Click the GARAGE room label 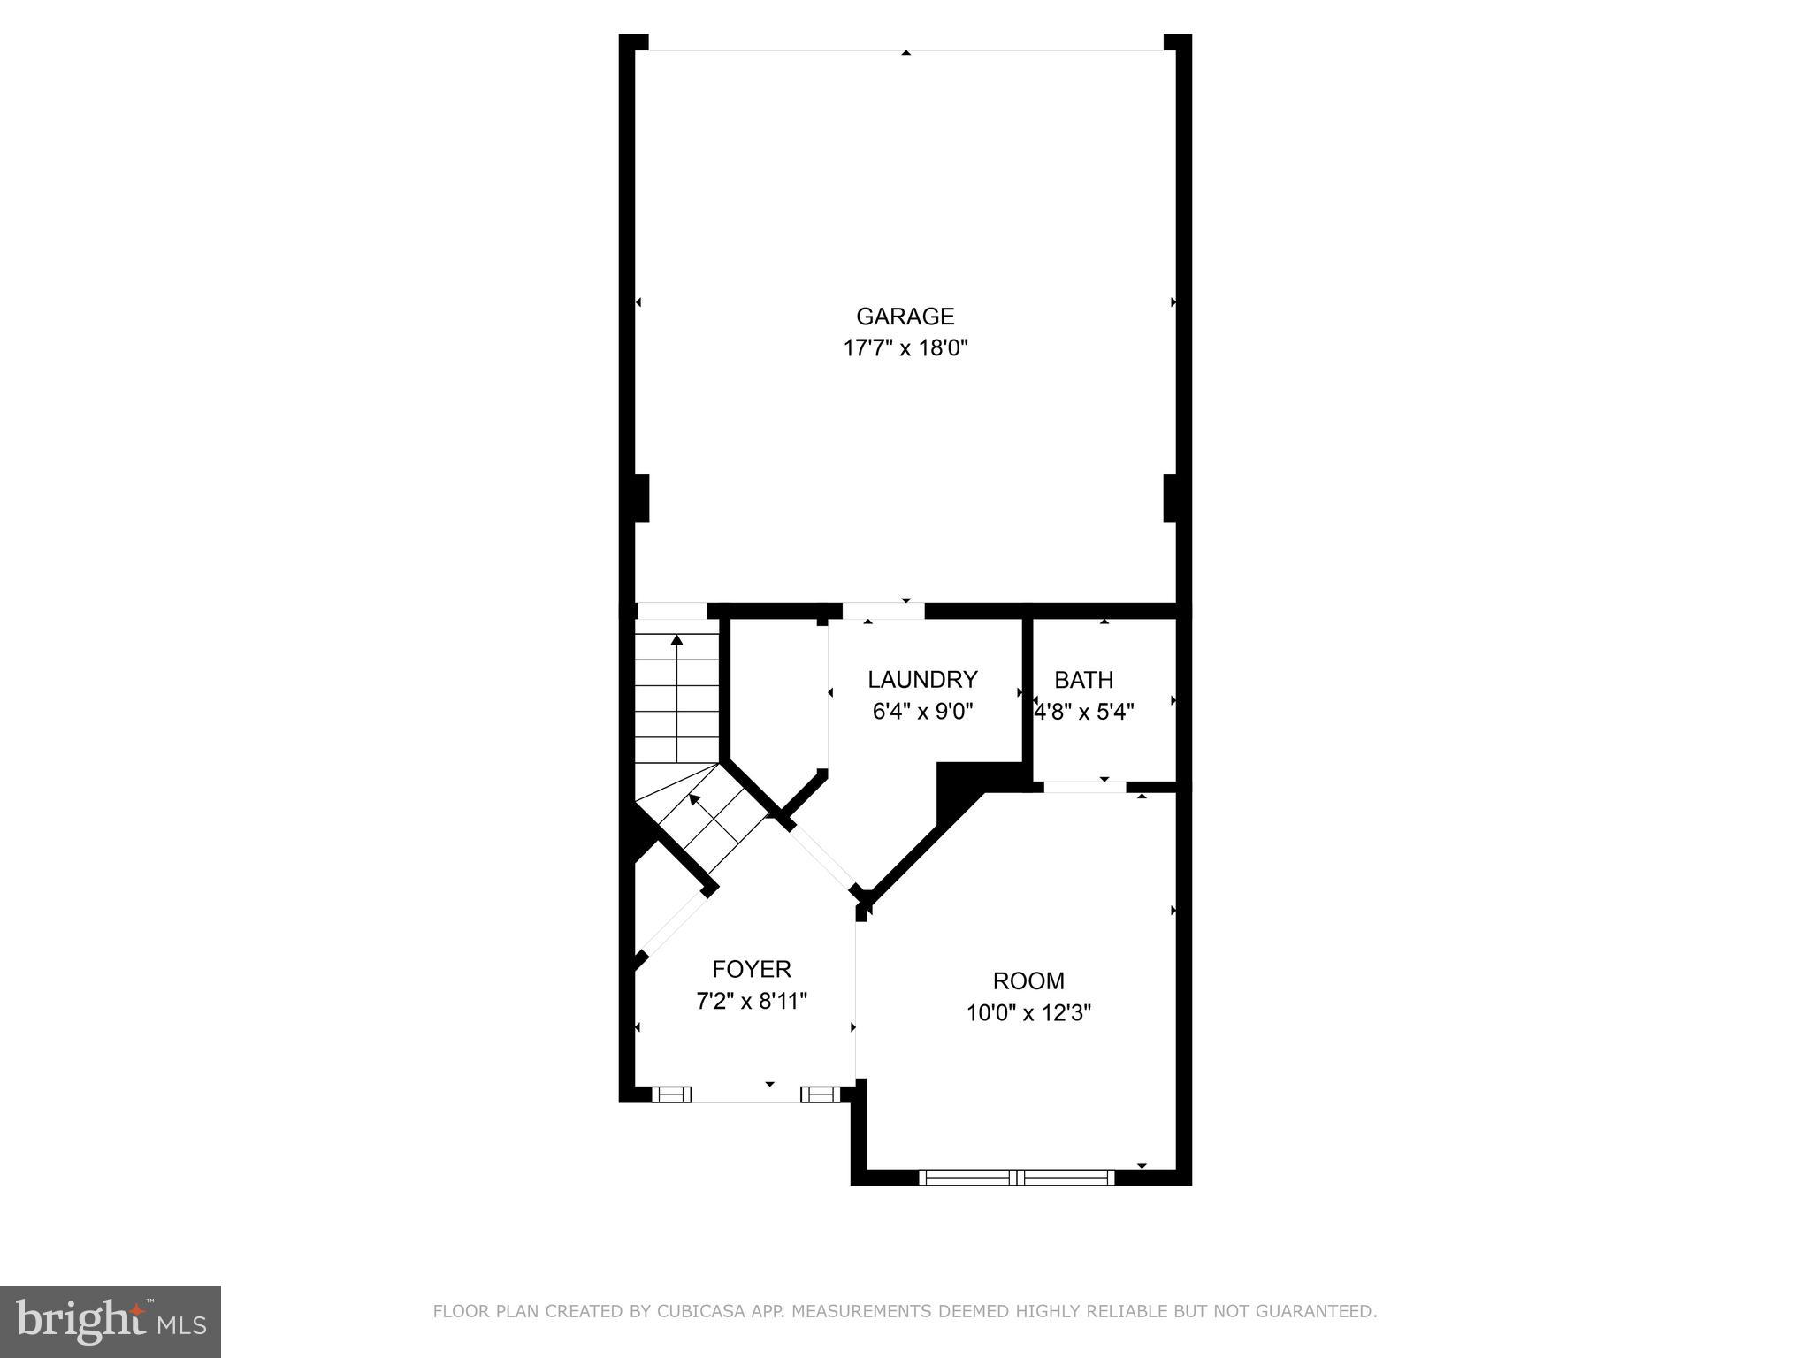905,317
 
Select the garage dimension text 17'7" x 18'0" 905,348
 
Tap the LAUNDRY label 922,679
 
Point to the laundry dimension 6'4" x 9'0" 922,712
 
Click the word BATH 1083,680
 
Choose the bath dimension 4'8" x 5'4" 1084,712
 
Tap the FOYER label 752,969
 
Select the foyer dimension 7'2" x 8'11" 752,1001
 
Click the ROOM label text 1028,980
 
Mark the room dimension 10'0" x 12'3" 1028,1013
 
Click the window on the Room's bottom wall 1017,1177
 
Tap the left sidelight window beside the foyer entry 672,1095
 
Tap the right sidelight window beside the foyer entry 820,1095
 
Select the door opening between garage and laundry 883,611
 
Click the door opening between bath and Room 1084,786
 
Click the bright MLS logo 111,1321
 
